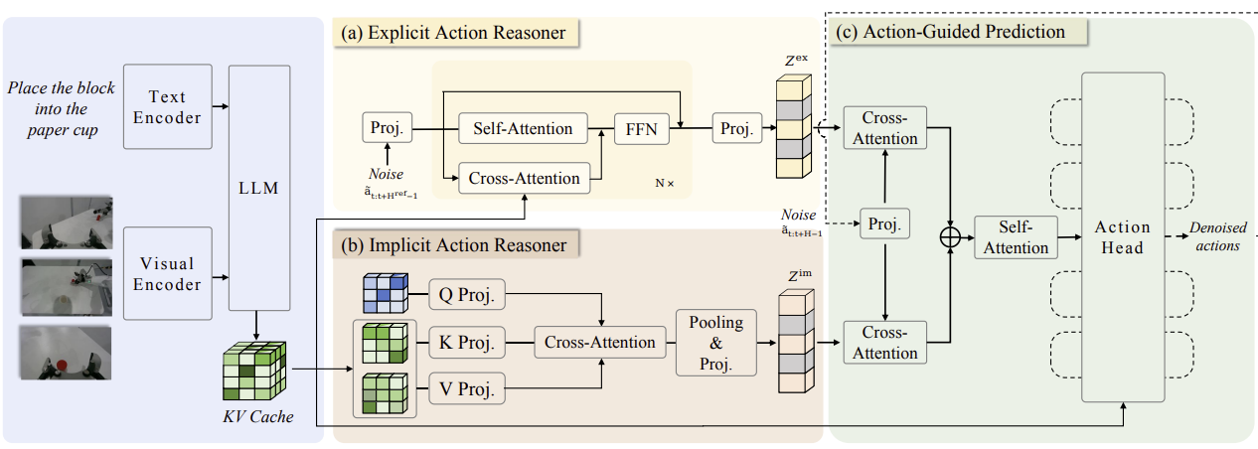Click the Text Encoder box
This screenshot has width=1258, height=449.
click(167, 106)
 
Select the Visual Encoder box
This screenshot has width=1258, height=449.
click(167, 273)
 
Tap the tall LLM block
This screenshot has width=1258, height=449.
click(259, 188)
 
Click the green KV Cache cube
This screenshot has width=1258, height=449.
click(254, 371)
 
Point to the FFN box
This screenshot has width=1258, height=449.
click(641, 129)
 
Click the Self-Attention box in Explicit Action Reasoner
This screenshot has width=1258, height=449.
click(523, 128)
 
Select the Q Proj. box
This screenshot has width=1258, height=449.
click(467, 294)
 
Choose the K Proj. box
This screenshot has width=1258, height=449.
click(467, 342)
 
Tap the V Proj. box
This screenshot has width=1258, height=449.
click(467, 388)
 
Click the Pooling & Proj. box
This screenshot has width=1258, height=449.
click(716, 343)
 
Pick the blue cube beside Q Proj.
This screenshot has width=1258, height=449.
click(386, 293)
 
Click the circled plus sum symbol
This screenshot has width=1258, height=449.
click(950, 237)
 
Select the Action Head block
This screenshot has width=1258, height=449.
click(1123, 236)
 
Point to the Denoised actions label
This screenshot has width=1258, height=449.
click(1217, 236)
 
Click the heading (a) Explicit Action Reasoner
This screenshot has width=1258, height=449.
click(453, 33)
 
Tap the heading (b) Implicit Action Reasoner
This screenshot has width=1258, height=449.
click(454, 244)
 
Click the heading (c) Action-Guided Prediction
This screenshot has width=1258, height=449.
click(950, 32)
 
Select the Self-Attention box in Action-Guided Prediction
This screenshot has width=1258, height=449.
click(1016, 237)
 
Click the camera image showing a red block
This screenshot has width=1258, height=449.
click(66, 353)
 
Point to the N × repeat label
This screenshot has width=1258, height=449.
click(665, 183)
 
